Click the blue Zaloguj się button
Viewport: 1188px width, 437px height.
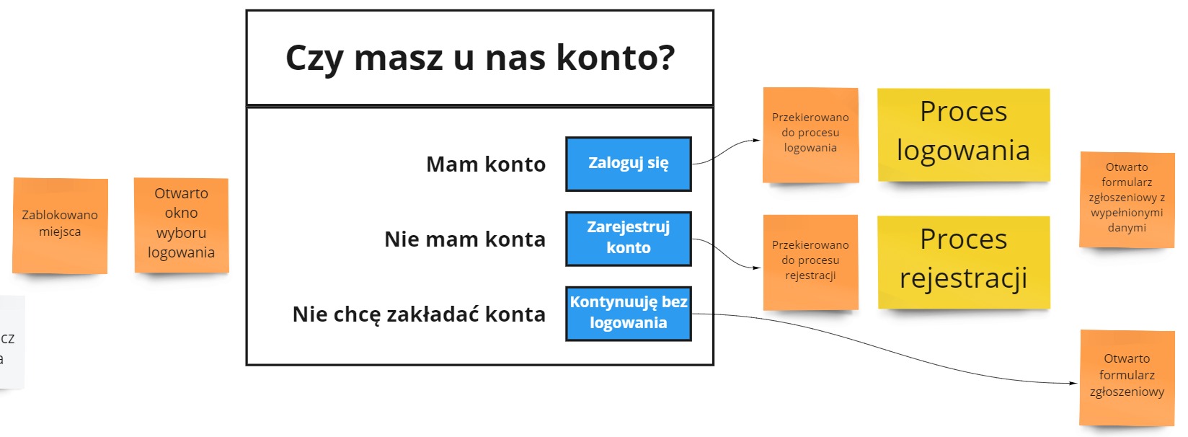[629, 164]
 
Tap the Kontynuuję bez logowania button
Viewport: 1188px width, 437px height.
[629, 314]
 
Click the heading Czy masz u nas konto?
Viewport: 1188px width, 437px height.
[480, 58]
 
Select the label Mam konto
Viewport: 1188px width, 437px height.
[486, 164]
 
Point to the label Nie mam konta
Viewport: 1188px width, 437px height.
[465, 239]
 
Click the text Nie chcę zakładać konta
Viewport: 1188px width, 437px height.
[419, 314]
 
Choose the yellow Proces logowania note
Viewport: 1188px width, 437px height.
[964, 136]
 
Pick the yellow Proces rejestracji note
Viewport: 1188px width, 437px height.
[964, 262]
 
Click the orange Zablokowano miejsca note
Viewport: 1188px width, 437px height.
[60, 226]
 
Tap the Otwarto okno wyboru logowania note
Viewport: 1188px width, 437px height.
[182, 226]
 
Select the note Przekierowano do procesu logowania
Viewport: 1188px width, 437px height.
[810, 136]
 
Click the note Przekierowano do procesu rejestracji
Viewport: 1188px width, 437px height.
[810, 262]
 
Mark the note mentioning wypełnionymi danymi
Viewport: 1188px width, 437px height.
[1127, 200]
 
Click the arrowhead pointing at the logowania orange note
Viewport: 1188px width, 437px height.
[757, 140]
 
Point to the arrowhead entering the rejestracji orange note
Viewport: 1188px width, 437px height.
[757, 268]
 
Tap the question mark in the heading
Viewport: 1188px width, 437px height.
[665, 56]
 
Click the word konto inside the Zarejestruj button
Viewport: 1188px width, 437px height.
[629, 247]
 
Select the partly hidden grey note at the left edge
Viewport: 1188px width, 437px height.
[12, 342]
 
